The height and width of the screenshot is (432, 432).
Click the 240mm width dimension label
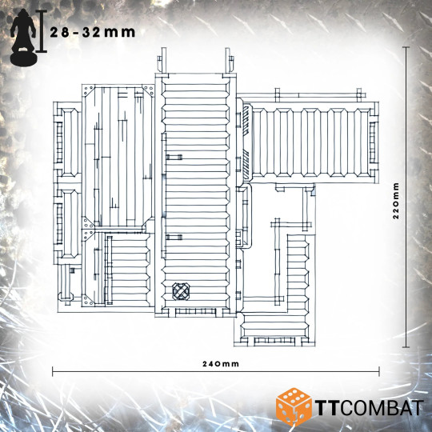point(221,364)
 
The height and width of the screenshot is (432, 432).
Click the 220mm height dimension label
point(396,200)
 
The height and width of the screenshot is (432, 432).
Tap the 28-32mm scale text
point(93,33)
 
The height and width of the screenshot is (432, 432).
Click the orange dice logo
point(294,406)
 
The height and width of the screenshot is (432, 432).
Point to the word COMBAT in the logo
point(381,408)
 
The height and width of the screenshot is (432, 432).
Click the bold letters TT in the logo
point(326,408)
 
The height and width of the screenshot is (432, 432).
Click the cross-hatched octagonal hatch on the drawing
point(181,291)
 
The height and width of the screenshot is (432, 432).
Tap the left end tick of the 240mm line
point(53,371)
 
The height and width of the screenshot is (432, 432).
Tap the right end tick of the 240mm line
point(379,371)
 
